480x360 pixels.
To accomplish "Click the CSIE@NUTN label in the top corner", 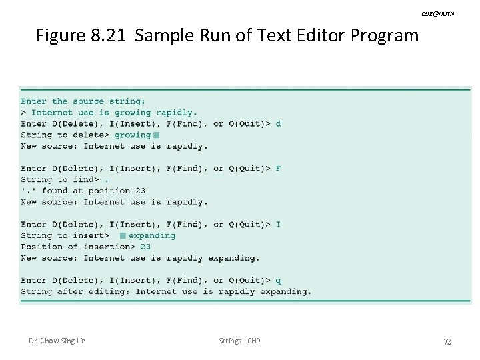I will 437,14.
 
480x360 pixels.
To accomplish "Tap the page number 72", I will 447,342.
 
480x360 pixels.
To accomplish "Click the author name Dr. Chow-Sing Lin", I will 57,341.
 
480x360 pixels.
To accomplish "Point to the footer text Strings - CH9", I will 239,341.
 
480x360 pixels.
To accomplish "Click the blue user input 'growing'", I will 133,135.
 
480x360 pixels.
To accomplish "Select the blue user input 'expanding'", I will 152,235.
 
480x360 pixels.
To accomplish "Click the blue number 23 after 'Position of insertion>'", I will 145,247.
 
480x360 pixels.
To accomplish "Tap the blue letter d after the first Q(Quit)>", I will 278,123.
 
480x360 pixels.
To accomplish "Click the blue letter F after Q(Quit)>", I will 278,168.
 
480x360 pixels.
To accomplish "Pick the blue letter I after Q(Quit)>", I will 278,224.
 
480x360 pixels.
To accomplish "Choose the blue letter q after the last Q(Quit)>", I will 278,280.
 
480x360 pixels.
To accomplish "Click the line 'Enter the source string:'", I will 83,101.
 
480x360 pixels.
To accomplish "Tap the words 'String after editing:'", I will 75,291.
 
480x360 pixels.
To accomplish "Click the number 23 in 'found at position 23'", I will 140,191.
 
